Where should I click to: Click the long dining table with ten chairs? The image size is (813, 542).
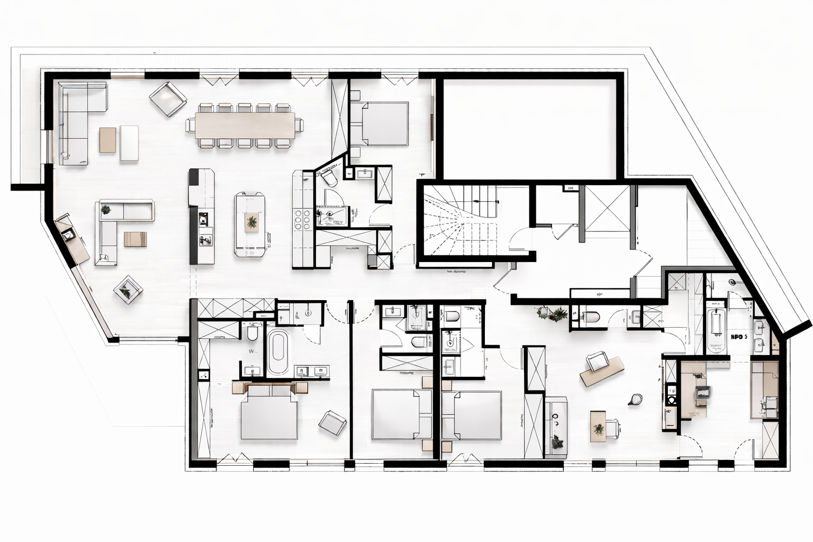click(245, 125)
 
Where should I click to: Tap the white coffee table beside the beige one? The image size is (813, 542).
click(129, 142)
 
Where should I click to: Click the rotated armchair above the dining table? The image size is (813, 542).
click(168, 99)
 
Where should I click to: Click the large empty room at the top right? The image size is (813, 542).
click(529, 128)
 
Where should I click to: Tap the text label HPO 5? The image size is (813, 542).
click(738, 336)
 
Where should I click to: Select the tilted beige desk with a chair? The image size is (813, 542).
click(602, 371)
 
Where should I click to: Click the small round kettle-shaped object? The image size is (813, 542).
click(635, 399)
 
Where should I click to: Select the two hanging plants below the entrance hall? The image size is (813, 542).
click(550, 314)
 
